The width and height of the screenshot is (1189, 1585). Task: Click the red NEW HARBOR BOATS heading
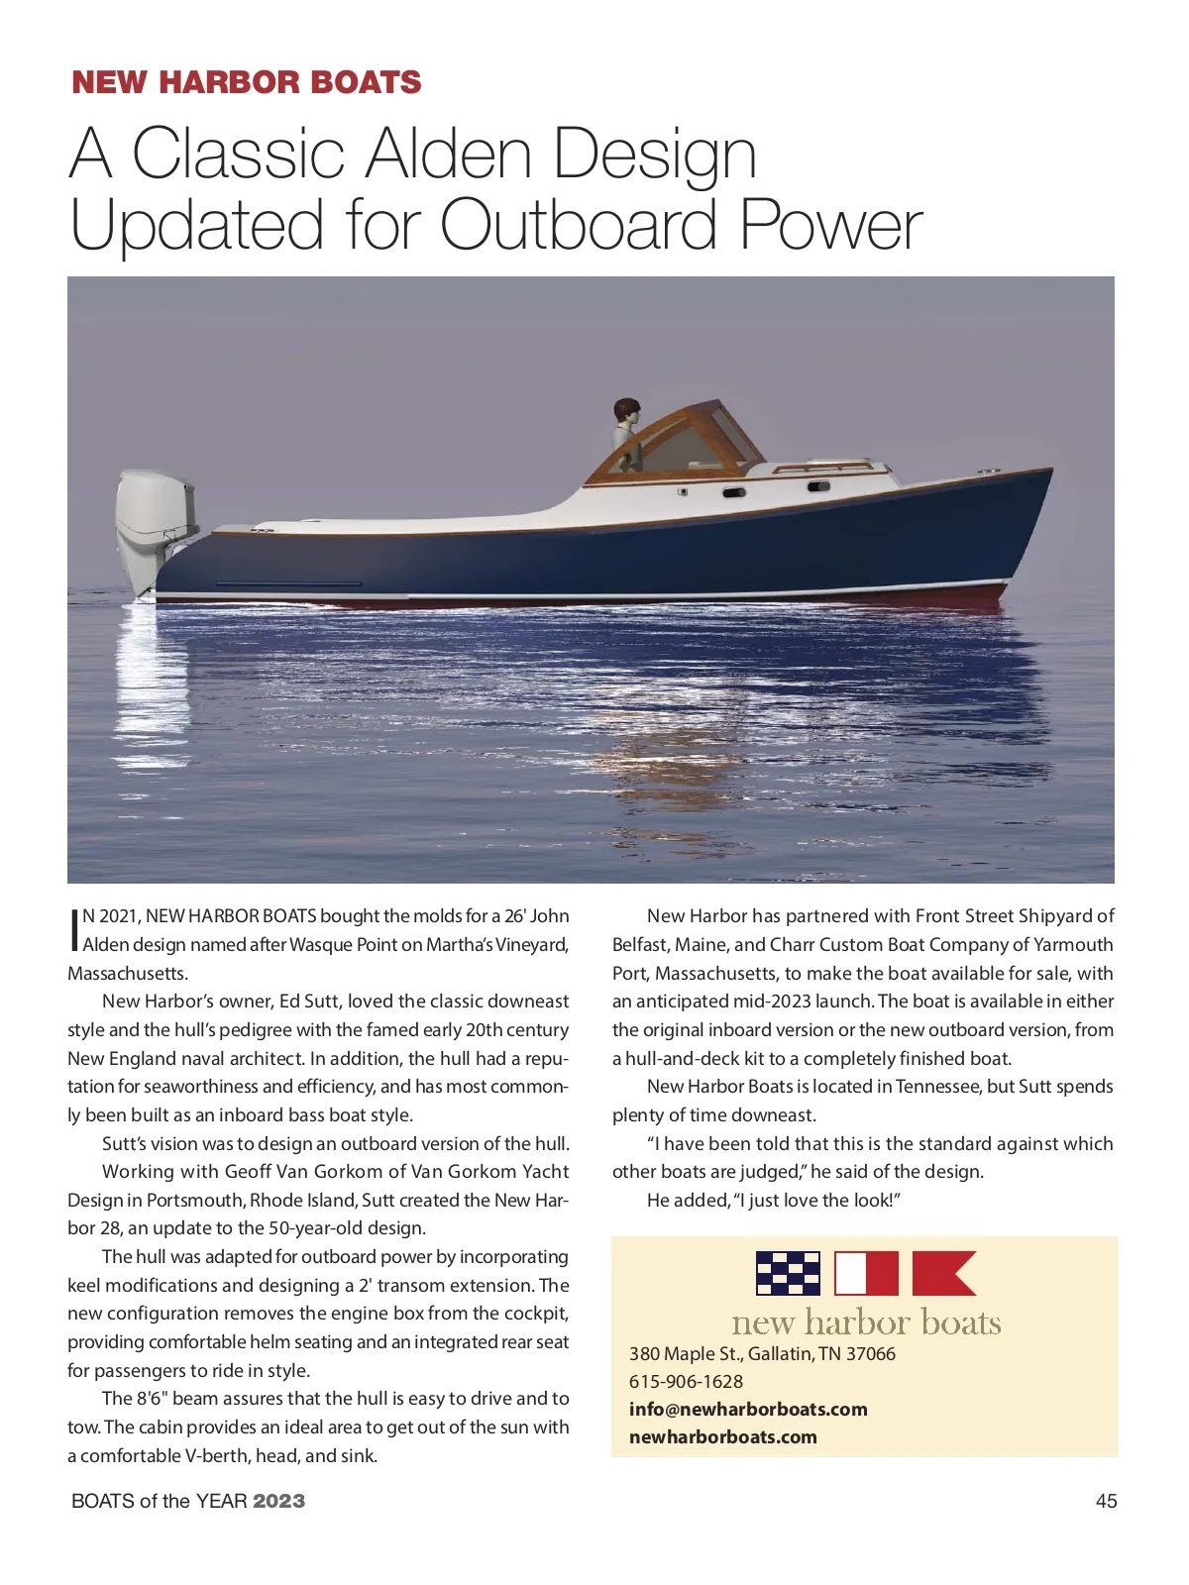click(x=247, y=82)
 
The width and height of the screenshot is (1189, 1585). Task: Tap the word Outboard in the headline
click(x=579, y=226)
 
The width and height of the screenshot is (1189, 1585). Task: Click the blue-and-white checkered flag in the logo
click(x=788, y=1274)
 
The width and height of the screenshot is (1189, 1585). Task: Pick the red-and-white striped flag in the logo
click(x=866, y=1274)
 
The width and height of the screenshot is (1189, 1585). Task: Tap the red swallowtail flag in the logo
click(x=942, y=1274)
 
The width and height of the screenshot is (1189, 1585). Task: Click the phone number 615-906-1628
click(x=686, y=1381)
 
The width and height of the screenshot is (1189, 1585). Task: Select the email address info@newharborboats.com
click(x=748, y=1409)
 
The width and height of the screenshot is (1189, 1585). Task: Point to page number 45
click(x=1106, y=1501)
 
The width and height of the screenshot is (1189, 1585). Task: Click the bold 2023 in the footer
click(x=278, y=1501)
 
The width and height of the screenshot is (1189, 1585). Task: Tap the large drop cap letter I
click(x=73, y=929)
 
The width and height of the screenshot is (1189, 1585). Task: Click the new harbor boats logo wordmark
click(x=866, y=1323)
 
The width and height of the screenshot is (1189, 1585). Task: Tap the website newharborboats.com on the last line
click(x=722, y=1436)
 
